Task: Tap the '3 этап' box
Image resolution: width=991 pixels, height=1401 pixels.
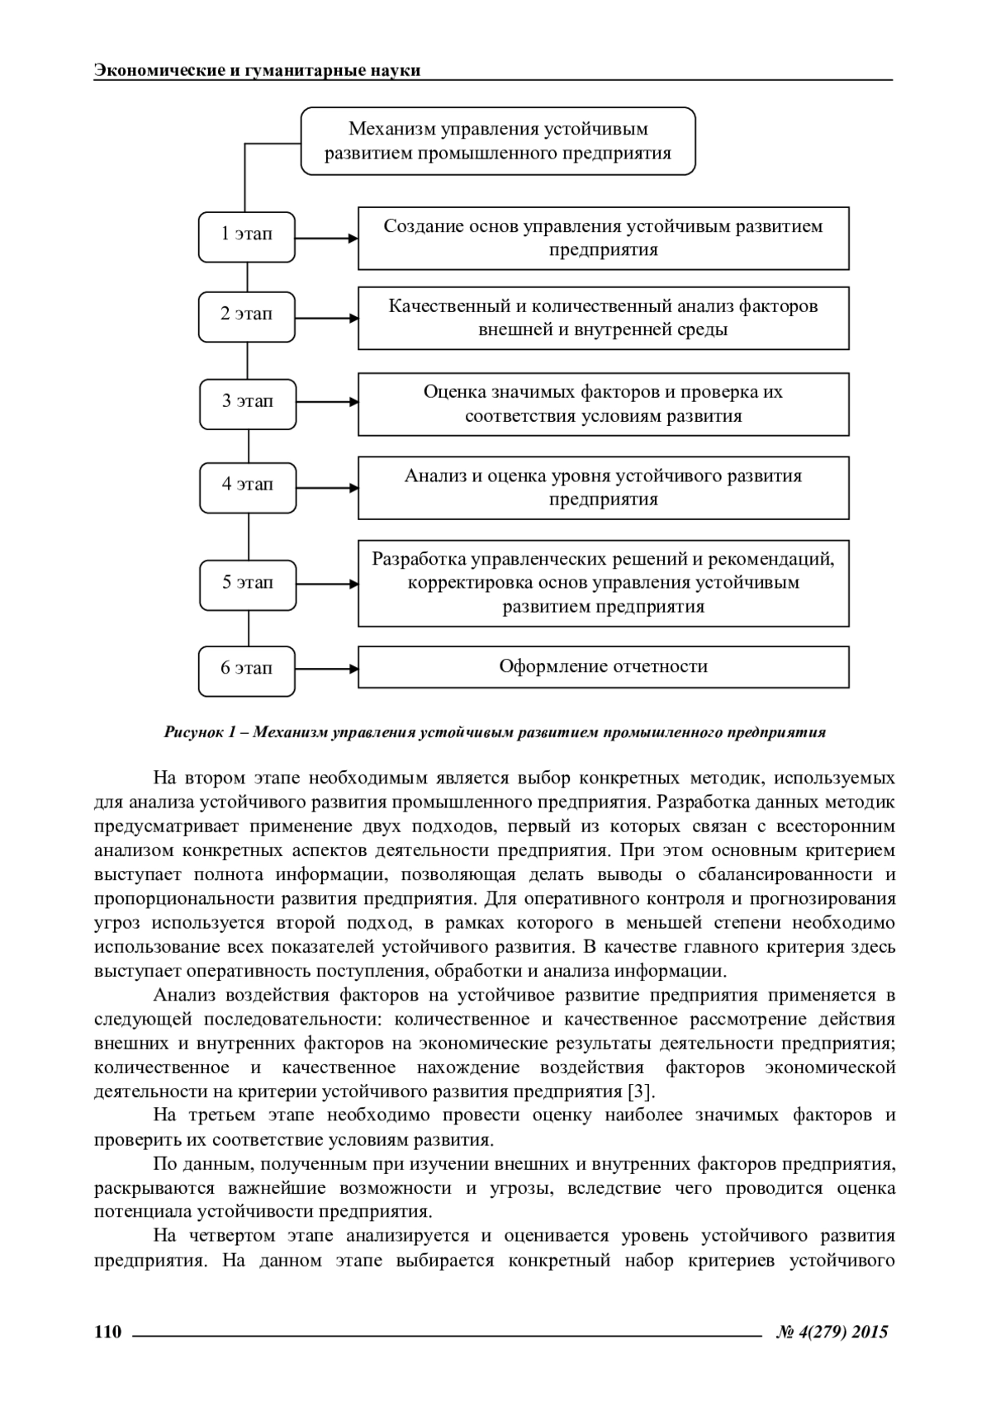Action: (247, 404)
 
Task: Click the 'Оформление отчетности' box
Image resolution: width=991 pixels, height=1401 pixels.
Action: (603, 667)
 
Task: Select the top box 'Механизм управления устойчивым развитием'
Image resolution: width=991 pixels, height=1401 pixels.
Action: (498, 141)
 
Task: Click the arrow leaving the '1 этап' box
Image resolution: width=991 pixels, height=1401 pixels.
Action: (326, 239)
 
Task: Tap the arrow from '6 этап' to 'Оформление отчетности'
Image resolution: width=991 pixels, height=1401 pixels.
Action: (326, 668)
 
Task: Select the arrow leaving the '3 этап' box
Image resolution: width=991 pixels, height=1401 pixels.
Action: (326, 403)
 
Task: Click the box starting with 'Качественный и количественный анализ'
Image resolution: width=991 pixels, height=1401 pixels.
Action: (603, 319)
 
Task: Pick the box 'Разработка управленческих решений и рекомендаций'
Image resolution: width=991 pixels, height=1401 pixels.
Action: (603, 583)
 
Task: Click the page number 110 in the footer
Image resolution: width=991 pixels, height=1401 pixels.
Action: (108, 1332)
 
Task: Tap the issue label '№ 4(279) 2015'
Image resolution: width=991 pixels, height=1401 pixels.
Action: (832, 1332)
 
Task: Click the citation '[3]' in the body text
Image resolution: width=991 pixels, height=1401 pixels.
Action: (640, 1091)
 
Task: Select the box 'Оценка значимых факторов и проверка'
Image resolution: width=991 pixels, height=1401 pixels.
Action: (603, 405)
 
